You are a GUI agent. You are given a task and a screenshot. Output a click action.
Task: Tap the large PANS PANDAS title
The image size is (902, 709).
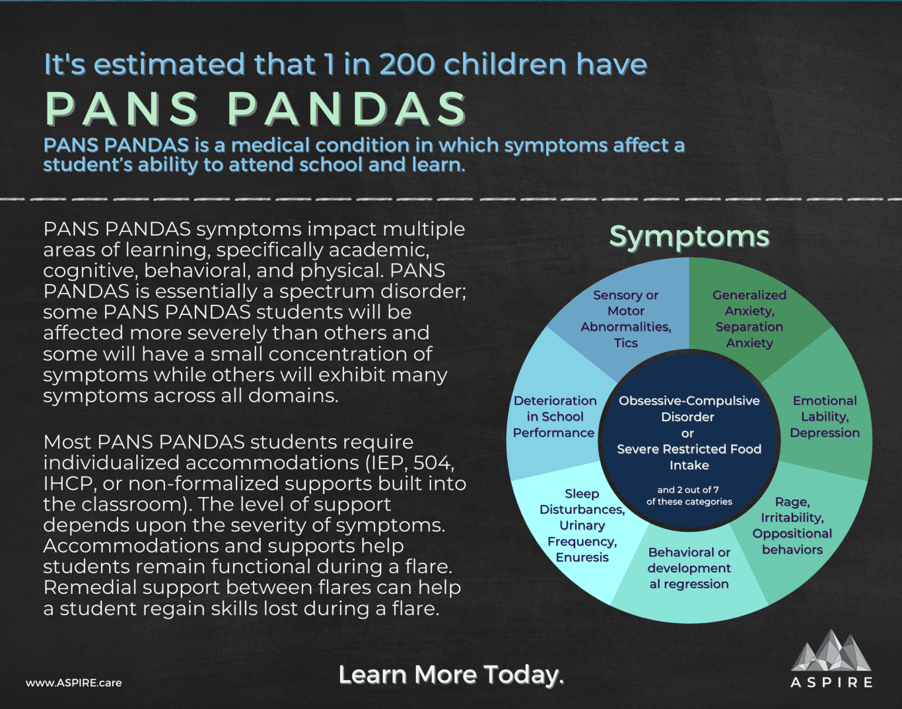click(255, 109)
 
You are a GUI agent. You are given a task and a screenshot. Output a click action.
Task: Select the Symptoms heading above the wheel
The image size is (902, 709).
click(689, 237)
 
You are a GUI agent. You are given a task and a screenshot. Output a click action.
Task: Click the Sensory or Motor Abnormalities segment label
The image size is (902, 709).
click(626, 319)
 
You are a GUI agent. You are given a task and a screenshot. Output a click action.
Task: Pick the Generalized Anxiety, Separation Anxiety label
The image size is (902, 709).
click(749, 319)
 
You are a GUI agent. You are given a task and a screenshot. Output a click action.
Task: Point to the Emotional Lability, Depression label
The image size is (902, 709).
click(824, 416)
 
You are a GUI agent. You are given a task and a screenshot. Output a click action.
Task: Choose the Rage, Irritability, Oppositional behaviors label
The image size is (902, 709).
click(792, 526)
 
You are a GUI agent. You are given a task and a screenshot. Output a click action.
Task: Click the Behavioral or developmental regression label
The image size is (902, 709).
click(689, 568)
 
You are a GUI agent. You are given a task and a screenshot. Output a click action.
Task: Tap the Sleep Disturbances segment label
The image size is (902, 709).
click(582, 525)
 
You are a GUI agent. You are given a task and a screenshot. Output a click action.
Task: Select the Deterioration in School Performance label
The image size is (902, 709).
click(554, 416)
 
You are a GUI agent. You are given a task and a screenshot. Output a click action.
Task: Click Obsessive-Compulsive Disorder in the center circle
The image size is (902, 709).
click(689, 408)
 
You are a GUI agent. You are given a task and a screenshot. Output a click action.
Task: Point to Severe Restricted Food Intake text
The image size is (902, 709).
click(689, 457)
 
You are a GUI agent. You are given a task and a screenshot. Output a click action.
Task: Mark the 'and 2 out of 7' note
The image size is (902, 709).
click(688, 490)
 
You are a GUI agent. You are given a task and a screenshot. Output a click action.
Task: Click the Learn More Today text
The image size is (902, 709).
click(451, 675)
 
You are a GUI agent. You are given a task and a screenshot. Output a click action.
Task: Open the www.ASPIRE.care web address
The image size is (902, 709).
click(74, 683)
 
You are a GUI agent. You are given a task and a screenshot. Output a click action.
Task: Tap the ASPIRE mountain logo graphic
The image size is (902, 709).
click(831, 651)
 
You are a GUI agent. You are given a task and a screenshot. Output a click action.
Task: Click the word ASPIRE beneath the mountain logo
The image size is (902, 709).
click(831, 683)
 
